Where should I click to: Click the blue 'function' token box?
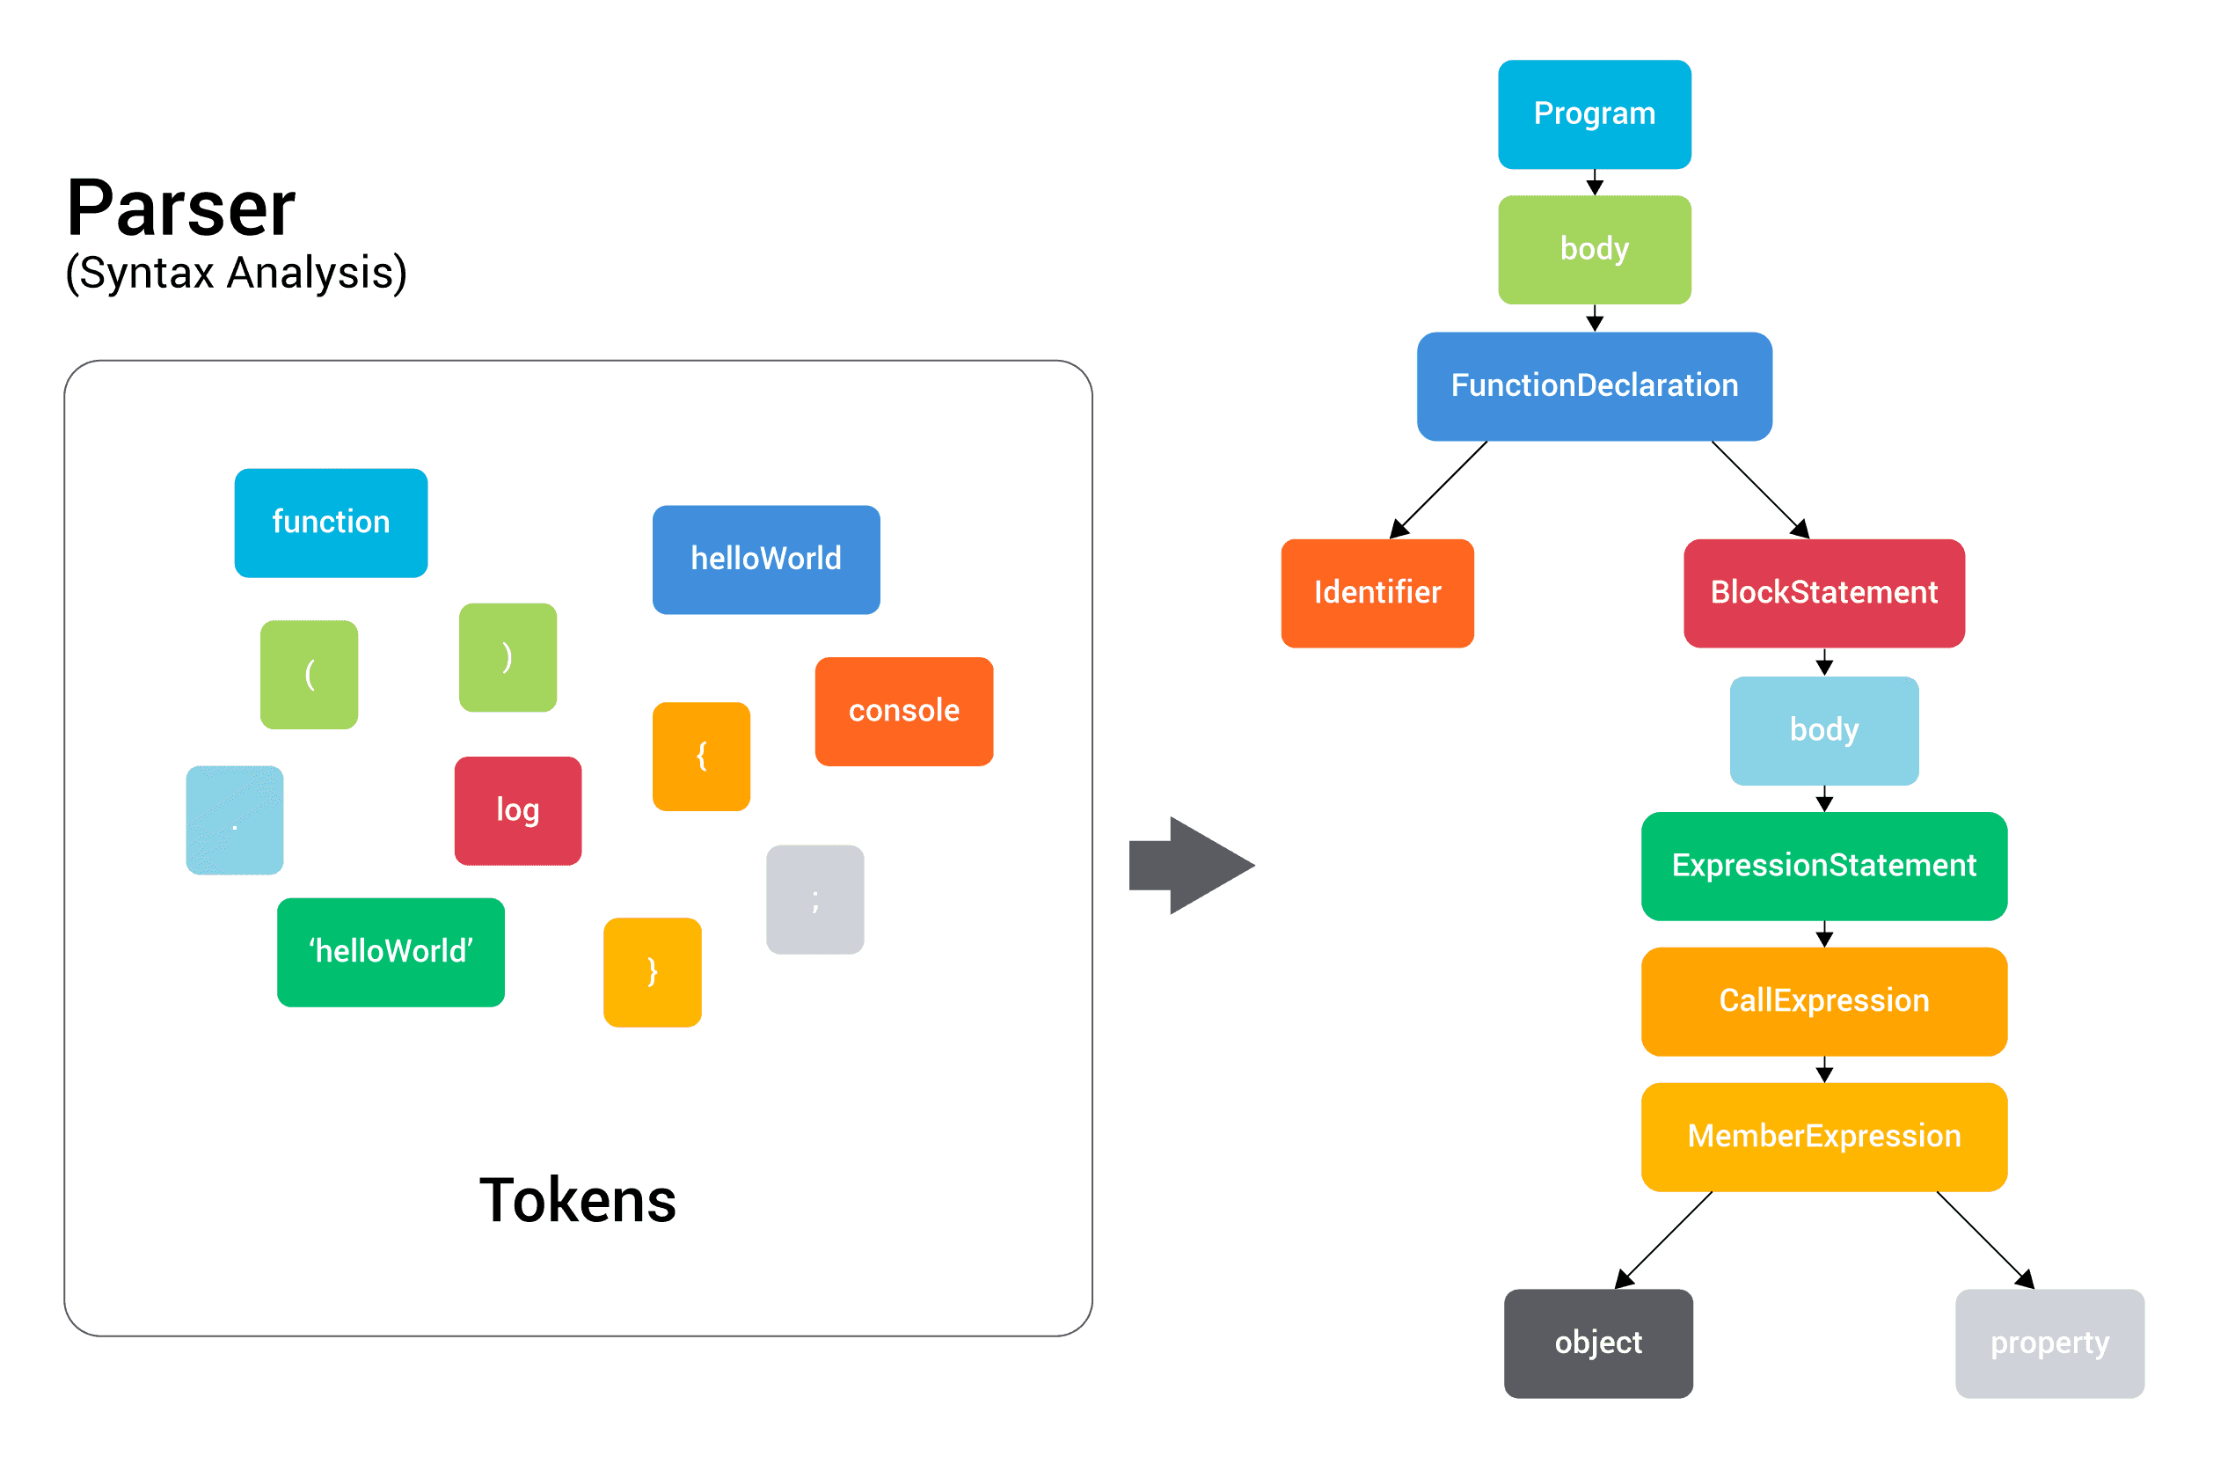point(331,523)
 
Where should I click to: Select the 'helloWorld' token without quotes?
point(766,560)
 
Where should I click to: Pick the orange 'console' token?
point(904,711)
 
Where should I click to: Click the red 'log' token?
point(517,810)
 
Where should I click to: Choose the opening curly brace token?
point(701,756)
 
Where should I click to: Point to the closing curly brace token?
point(653,972)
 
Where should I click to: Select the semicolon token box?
point(814,900)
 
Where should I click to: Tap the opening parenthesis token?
point(310,675)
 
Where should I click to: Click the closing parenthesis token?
point(508,656)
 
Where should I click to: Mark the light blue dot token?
point(235,820)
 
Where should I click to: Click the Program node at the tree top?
point(1594,114)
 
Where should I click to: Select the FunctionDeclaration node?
point(1594,385)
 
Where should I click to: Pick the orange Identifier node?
point(1377,593)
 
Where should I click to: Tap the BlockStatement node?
point(1824,593)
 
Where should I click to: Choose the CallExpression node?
point(1824,1001)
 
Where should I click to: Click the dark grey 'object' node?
point(1598,1343)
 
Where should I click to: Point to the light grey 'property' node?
point(2049,1343)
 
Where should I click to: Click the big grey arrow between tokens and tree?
point(1191,865)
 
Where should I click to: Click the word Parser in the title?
point(181,209)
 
